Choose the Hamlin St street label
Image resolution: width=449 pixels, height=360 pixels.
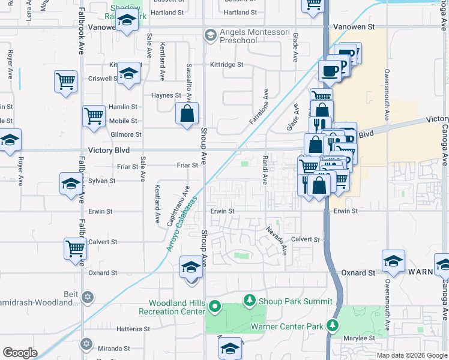tap(123, 106)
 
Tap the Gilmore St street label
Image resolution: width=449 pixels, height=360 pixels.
tap(126, 135)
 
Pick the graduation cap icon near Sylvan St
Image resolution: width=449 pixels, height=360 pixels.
tap(71, 184)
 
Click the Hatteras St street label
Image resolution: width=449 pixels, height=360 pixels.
tap(133, 329)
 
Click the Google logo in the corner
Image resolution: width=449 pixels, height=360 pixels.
tap(20, 353)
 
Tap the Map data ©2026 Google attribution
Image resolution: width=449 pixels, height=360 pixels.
tap(412, 355)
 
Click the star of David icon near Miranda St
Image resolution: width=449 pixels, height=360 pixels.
tap(86, 344)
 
